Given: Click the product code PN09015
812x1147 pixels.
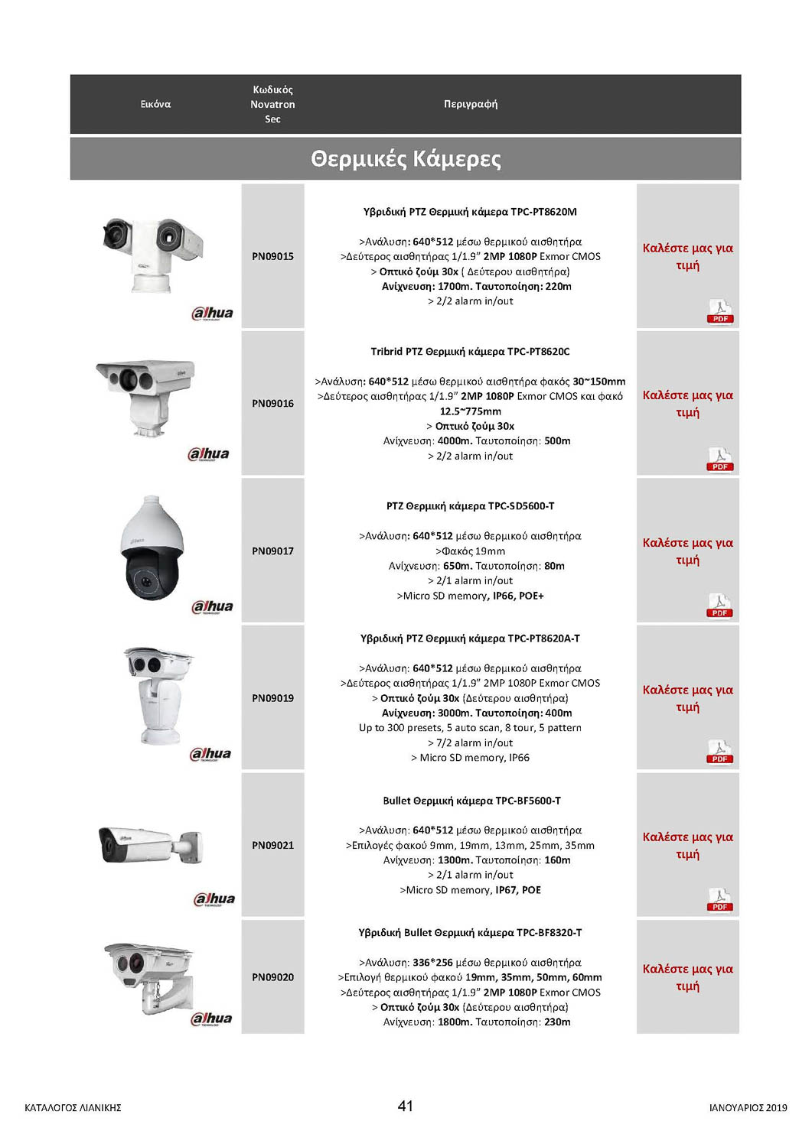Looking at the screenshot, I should pyautogui.click(x=272, y=256).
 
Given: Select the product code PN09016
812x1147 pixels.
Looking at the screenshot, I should pyautogui.click(x=272, y=404).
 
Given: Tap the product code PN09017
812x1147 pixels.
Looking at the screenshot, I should pyautogui.click(x=272, y=551).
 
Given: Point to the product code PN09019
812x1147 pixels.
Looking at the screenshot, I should pyautogui.click(x=272, y=698).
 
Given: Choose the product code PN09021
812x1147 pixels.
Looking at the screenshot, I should pyautogui.click(x=272, y=845).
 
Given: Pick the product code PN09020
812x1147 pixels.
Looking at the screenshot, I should pyautogui.click(x=272, y=977).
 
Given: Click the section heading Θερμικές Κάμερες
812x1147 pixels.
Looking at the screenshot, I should pyautogui.click(x=406, y=159).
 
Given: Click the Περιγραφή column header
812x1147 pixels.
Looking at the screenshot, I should pyautogui.click(x=471, y=104).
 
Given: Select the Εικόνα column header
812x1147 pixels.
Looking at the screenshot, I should pyautogui.click(x=155, y=104).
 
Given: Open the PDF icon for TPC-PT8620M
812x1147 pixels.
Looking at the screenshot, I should pyautogui.click(x=720, y=312).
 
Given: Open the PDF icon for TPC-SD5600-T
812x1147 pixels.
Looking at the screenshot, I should pyautogui.click(x=720, y=606).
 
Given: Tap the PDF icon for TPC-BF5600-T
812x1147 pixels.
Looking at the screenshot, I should pyautogui.click(x=720, y=900).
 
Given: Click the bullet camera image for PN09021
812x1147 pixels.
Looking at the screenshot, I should pyautogui.click(x=150, y=845).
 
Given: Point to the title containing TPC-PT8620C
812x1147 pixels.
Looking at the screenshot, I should pyautogui.click(x=470, y=352).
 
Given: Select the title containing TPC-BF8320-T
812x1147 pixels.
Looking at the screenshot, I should pyautogui.click(x=470, y=933).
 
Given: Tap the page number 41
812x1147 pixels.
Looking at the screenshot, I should pyautogui.click(x=406, y=1106).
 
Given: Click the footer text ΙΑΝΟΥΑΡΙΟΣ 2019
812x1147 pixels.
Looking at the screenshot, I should pyautogui.click(x=748, y=1108).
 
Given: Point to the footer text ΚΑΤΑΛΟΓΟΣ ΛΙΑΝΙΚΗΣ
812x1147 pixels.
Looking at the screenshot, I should pyautogui.click(x=73, y=1108).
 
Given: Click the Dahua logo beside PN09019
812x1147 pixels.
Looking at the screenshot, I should pyautogui.click(x=210, y=754).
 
